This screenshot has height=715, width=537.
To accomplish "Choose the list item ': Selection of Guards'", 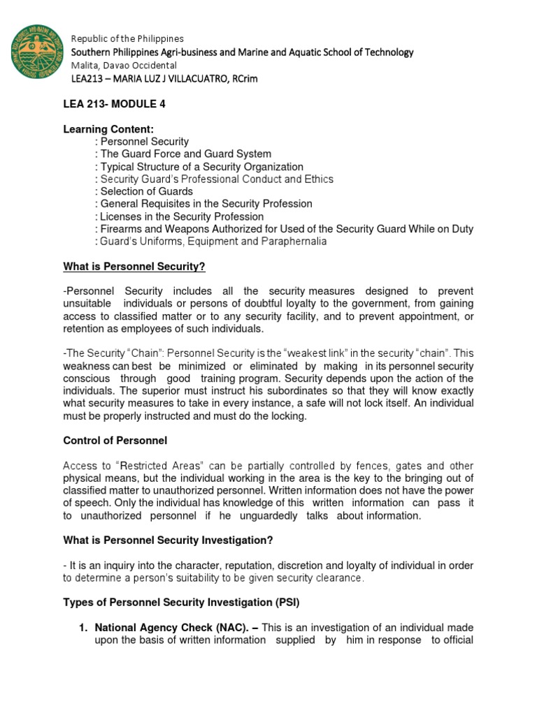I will tap(144, 191).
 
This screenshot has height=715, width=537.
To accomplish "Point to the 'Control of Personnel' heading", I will tap(114, 441).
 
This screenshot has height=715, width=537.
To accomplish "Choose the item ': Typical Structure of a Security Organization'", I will tap(199, 166).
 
